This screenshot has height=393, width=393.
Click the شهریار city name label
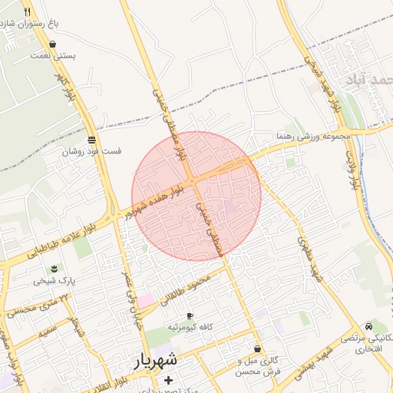coord(159,359)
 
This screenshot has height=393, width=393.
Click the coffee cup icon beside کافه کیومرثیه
coord(190,315)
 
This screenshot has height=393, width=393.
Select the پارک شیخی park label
coord(54,281)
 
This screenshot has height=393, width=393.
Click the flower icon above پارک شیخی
coord(54,268)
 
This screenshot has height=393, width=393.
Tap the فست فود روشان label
coord(92,152)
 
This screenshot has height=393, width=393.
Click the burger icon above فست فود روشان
coord(92,140)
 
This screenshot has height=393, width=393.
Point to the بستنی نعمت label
coord(51,56)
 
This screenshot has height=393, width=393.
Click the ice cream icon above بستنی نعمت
coord(51,45)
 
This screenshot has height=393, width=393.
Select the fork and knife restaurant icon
coord(28,12)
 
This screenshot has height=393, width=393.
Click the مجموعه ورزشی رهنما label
coord(313,136)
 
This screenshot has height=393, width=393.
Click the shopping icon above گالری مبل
coord(256,349)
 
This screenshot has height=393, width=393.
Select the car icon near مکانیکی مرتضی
coord(371,325)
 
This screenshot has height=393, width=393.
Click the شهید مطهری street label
coord(309,259)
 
